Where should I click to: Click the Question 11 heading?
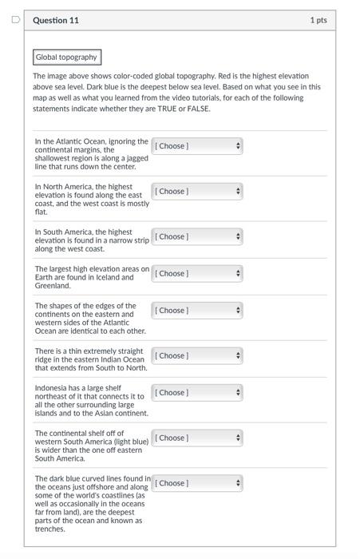pos(56,20)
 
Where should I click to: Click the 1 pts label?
pos(318,20)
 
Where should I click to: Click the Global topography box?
pos(67,57)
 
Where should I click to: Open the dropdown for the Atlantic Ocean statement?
pos(197,146)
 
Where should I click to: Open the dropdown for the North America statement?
pos(197,192)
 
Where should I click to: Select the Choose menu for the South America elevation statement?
pos(197,237)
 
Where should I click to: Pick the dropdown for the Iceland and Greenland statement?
pos(197,274)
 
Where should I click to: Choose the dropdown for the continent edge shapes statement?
pos(197,311)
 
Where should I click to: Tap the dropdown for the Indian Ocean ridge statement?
pos(197,356)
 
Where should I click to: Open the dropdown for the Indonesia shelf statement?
pos(197,393)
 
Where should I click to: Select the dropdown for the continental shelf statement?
pos(197,438)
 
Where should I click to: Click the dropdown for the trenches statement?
pos(197,484)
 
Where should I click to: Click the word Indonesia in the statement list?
pos(51,388)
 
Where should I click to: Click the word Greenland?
pos(52,285)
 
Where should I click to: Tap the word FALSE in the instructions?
pos(198,109)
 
